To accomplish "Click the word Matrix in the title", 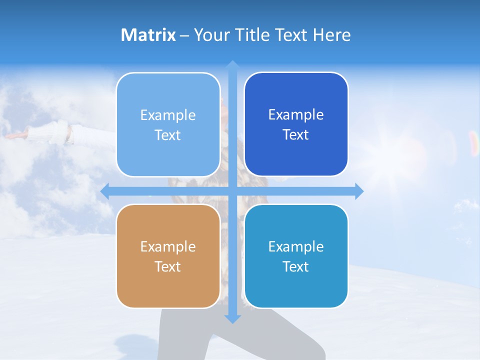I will (x=148, y=35).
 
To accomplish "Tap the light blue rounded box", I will (x=168, y=124).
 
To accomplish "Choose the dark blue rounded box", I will (x=296, y=124).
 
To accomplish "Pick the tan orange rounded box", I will (x=168, y=256).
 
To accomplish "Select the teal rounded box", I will (x=296, y=256).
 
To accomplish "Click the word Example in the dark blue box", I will (x=296, y=115).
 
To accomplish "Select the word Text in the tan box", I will (x=167, y=266).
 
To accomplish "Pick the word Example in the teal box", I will (x=296, y=246).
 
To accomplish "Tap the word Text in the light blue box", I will (x=167, y=135).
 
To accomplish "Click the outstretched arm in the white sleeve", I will (x=45, y=134).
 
